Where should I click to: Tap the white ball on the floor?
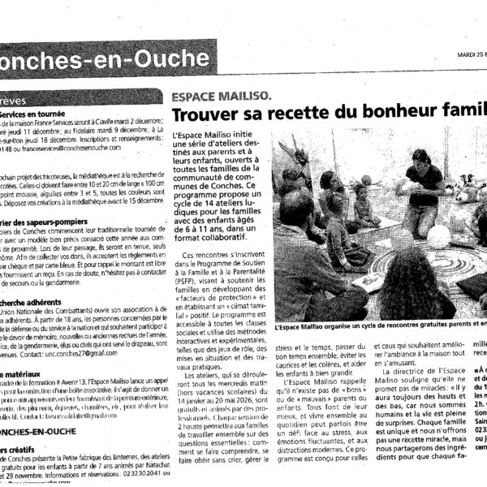click(438, 235)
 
